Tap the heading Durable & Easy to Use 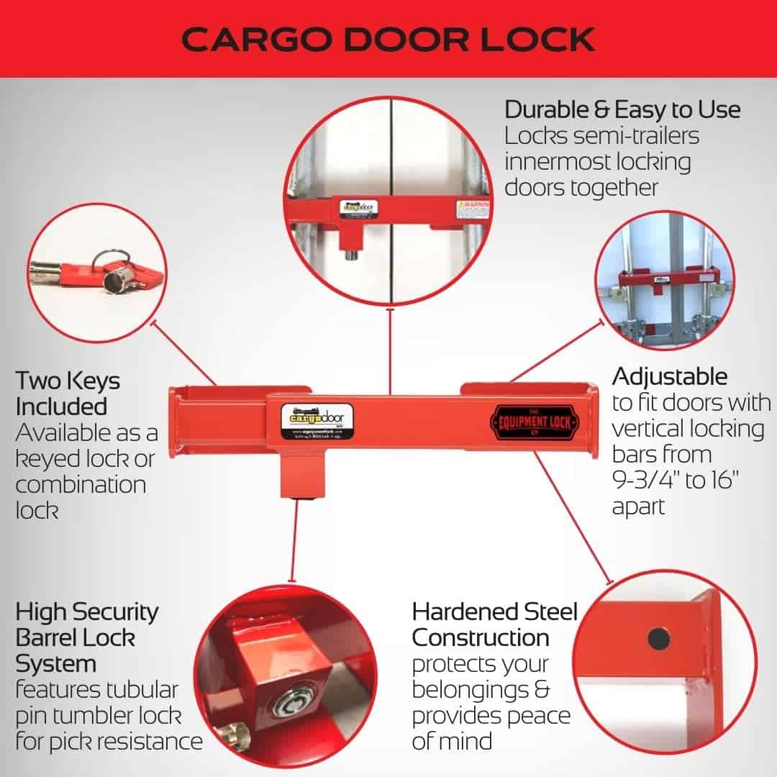[622, 110]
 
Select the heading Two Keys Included [68, 393]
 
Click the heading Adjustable [670, 376]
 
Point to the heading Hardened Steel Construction [494, 624]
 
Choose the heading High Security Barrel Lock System [86, 637]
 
